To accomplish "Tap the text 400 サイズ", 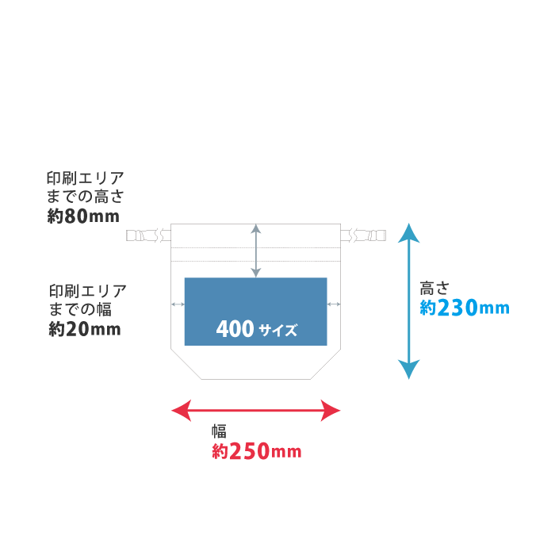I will [x=256, y=329].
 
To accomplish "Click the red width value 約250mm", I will [x=256, y=452].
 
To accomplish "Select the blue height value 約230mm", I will [x=464, y=308].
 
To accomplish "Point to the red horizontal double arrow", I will [x=256, y=410].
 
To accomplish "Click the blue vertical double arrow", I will [x=408, y=301].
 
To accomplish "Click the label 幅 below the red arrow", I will [x=219, y=431].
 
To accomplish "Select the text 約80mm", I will [x=82, y=216].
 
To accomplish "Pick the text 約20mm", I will [x=84, y=329].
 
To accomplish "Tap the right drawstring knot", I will [x=362, y=235].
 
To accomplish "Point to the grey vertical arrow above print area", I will [x=255, y=251].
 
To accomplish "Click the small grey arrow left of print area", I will [x=178, y=304].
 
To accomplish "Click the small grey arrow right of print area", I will [x=334, y=304].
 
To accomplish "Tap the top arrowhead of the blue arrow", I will [x=408, y=233].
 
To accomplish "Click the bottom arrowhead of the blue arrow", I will [x=408, y=369].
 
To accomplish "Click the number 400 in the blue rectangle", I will [x=234, y=328].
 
